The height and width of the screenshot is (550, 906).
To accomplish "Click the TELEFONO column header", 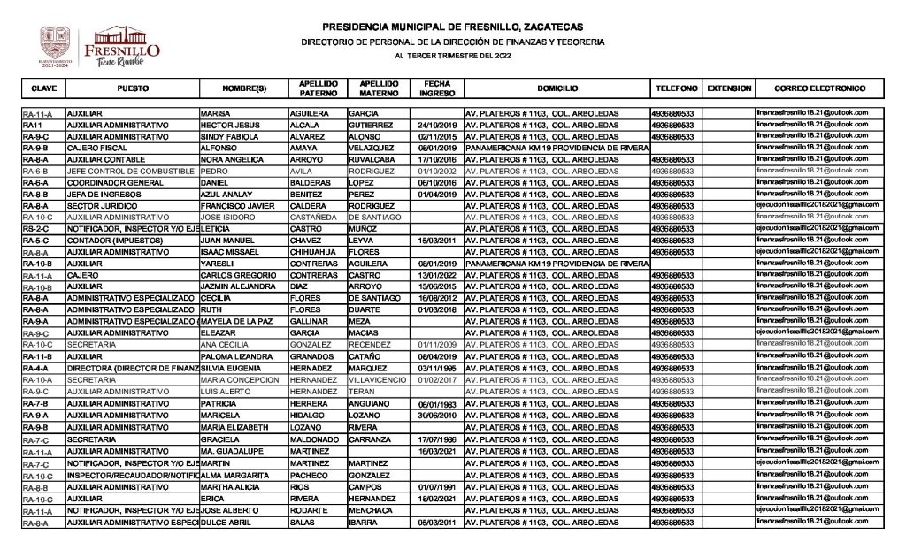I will [x=677, y=89].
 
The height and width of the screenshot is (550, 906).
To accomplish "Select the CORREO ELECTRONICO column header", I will [x=818, y=89].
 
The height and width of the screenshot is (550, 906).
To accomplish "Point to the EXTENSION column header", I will [x=729, y=89].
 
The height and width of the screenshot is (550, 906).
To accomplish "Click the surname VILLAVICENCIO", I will [x=377, y=379].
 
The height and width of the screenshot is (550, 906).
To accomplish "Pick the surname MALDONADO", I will [x=314, y=439].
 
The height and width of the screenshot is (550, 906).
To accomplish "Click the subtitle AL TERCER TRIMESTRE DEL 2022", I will [x=452, y=57].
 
